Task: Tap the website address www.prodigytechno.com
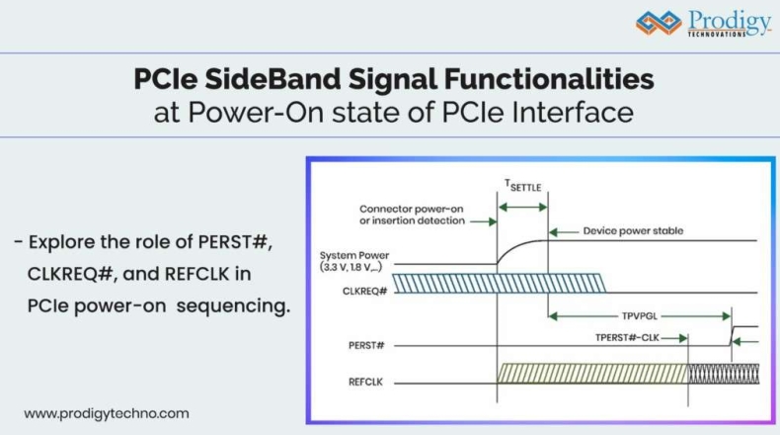[x=107, y=413]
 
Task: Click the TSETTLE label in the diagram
[x=523, y=186]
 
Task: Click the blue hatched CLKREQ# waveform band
[x=499, y=285]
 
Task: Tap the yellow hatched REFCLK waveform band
[x=592, y=374]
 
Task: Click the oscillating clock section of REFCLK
[x=722, y=374]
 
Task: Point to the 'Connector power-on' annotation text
[x=411, y=209]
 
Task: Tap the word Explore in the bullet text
[x=61, y=242]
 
